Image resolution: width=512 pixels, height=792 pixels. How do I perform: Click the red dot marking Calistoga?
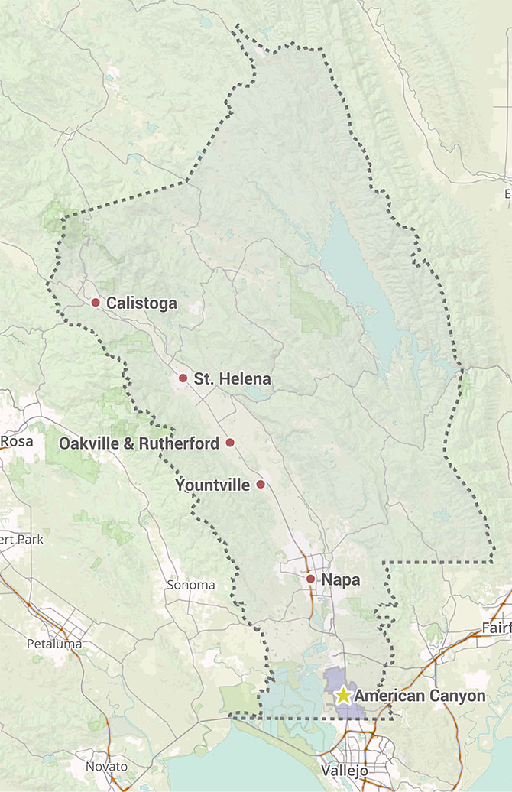click(96, 303)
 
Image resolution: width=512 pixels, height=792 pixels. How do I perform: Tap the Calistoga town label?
click(141, 303)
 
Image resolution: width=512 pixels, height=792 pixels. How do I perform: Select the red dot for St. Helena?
click(183, 378)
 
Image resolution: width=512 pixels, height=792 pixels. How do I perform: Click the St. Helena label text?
click(232, 378)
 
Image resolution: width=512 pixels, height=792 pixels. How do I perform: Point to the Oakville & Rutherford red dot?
click(230, 443)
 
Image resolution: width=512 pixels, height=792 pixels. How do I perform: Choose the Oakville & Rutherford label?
click(139, 443)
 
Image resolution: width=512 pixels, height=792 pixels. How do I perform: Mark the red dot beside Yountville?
click(261, 485)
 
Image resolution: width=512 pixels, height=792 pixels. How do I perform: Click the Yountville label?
click(212, 485)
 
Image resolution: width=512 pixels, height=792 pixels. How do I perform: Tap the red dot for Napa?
click(310, 579)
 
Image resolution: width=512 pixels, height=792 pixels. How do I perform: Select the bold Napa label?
click(341, 580)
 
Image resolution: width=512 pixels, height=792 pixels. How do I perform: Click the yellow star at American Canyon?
click(343, 696)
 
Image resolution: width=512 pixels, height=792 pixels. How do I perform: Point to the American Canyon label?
click(420, 696)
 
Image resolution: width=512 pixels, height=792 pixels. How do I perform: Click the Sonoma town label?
click(191, 586)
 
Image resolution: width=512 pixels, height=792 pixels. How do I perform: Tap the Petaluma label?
click(53, 644)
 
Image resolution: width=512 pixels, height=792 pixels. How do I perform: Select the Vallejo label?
click(345, 770)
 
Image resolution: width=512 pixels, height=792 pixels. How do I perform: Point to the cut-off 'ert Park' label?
click(21, 540)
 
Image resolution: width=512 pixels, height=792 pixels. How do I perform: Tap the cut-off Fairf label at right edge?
click(497, 628)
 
